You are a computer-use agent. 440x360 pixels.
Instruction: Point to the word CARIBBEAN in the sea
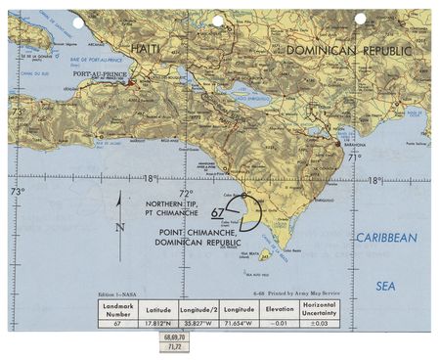click(x=386, y=238)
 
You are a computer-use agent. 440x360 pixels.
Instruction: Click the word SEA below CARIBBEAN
click(x=386, y=286)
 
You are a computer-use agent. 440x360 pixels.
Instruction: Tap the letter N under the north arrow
click(x=118, y=227)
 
